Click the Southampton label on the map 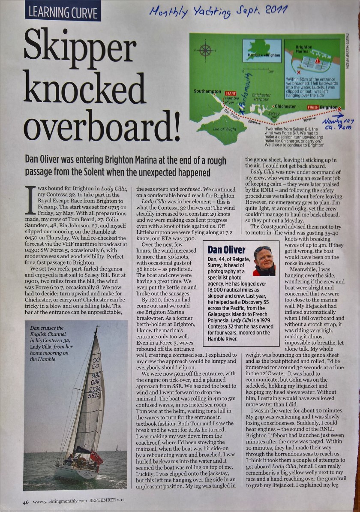tap(207, 91)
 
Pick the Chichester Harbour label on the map tap(261, 97)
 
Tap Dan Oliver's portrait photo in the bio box tap(264, 260)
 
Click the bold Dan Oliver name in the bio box tap(226, 250)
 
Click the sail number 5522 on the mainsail tap(94, 396)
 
